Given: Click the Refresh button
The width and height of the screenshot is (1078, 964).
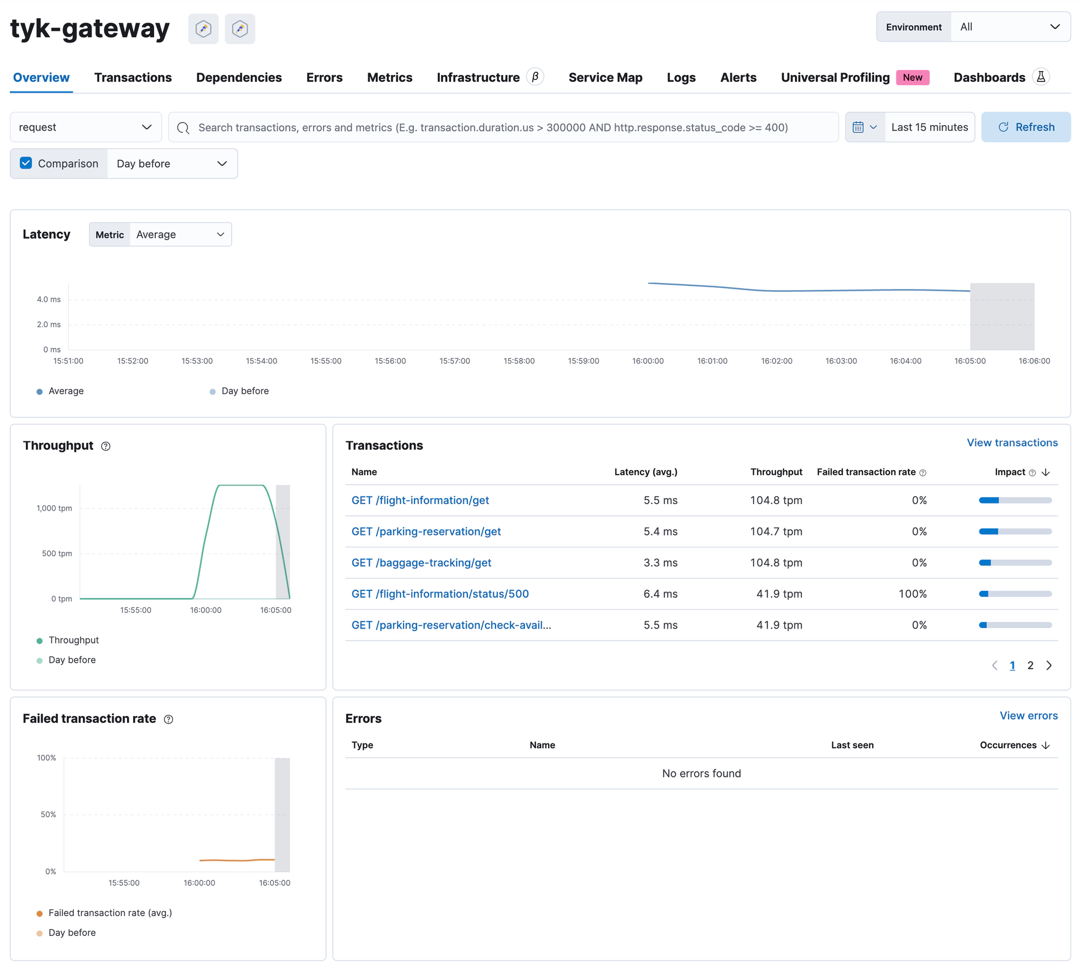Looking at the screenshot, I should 1025,127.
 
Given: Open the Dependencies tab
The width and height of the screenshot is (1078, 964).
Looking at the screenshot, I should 239,78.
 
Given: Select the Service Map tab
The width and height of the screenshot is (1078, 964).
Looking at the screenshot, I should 605,78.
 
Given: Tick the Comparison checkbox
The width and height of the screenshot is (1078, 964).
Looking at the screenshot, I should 26,163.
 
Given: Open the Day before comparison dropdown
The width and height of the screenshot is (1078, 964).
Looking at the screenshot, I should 172,163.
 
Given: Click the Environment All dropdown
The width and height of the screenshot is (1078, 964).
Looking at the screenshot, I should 1010,27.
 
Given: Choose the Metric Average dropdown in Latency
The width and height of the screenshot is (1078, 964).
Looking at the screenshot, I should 180,235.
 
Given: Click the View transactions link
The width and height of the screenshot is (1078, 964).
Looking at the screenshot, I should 1012,443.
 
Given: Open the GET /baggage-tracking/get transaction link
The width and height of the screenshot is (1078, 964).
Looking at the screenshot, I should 421,562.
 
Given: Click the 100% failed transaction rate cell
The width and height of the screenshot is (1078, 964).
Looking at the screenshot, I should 912,594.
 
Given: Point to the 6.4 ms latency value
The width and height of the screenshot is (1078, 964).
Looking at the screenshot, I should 660,594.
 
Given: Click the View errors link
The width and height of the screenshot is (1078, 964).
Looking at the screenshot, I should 1028,715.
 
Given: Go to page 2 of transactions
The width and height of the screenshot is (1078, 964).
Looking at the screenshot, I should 1030,665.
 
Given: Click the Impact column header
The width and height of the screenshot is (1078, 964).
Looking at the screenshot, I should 1010,472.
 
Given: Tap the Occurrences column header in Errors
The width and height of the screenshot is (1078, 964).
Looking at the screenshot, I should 1008,745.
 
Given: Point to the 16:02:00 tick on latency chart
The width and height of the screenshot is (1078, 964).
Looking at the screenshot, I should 776,361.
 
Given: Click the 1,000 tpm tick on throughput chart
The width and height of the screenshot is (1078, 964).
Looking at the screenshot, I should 54,508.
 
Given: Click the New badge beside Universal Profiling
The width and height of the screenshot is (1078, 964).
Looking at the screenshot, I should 912,78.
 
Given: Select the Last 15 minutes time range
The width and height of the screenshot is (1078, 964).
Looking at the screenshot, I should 929,127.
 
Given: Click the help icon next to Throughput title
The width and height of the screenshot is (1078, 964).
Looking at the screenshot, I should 106,446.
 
